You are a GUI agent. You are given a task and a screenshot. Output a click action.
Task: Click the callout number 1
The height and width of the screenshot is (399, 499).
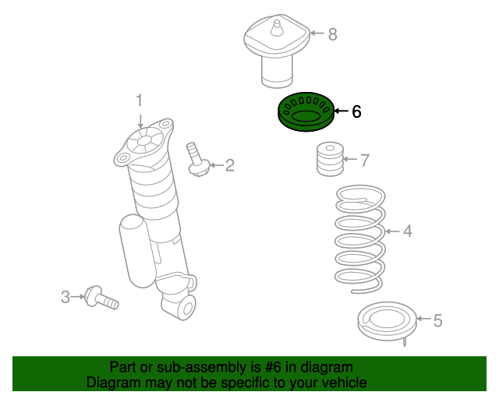140,100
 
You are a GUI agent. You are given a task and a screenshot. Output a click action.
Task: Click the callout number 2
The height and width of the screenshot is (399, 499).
229,164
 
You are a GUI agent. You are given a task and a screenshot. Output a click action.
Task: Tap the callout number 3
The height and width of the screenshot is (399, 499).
66,296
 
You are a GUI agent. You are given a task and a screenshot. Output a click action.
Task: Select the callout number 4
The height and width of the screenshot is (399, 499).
407,231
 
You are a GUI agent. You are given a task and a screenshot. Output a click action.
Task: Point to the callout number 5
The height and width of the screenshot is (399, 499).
437,320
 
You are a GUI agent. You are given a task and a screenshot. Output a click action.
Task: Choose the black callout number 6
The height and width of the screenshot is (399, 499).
356,111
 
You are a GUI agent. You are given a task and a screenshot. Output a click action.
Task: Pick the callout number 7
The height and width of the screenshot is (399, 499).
364,161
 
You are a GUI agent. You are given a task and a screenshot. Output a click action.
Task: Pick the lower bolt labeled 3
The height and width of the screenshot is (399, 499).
101,298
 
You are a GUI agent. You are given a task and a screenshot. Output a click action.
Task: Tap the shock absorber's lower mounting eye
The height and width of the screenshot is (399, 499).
184,308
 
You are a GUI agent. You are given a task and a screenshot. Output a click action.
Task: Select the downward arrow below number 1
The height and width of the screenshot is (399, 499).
140,119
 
